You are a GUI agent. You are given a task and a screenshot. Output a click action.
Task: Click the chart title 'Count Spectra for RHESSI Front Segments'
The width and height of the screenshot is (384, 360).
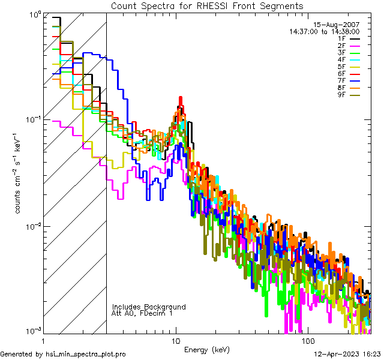pyautogui.click(x=207, y=6)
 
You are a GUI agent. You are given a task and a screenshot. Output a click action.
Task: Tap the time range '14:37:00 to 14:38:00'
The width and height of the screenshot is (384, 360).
pyautogui.click(x=324, y=31)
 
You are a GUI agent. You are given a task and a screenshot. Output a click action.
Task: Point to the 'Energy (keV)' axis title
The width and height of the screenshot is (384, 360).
pyautogui.click(x=207, y=349)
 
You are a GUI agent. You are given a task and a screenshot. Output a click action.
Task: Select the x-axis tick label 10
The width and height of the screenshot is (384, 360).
pyautogui.click(x=175, y=341)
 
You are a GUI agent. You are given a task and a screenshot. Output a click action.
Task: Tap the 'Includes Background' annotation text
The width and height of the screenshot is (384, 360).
pyautogui.click(x=149, y=307)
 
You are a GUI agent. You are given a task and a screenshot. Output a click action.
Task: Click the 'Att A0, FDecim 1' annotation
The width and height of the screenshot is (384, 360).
pyautogui.click(x=142, y=313)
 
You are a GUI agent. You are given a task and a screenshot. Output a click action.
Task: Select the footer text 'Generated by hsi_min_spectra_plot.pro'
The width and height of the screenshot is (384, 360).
pyautogui.click(x=63, y=354)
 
